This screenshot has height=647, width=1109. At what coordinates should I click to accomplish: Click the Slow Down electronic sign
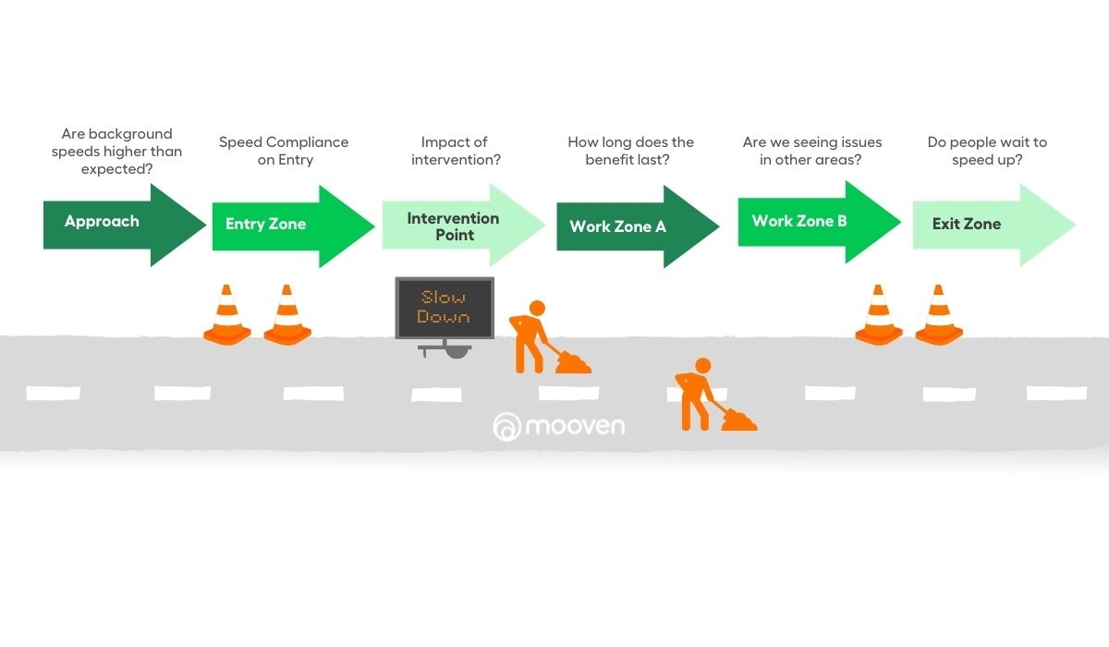pos(445,308)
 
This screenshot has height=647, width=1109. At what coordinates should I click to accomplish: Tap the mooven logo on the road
pos(559,426)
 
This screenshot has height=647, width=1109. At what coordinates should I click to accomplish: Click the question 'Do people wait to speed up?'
pos(987,151)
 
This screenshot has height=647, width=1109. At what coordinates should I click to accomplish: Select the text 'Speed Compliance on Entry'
pos(284,151)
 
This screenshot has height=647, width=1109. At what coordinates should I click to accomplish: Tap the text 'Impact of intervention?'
pos(454,151)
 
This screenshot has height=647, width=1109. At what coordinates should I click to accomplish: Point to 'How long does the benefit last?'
pos(630,151)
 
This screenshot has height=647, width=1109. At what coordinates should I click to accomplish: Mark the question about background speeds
pos(116,151)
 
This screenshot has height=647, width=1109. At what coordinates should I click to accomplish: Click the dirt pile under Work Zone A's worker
pos(739,421)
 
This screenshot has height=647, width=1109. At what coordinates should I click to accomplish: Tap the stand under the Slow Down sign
pos(445,350)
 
